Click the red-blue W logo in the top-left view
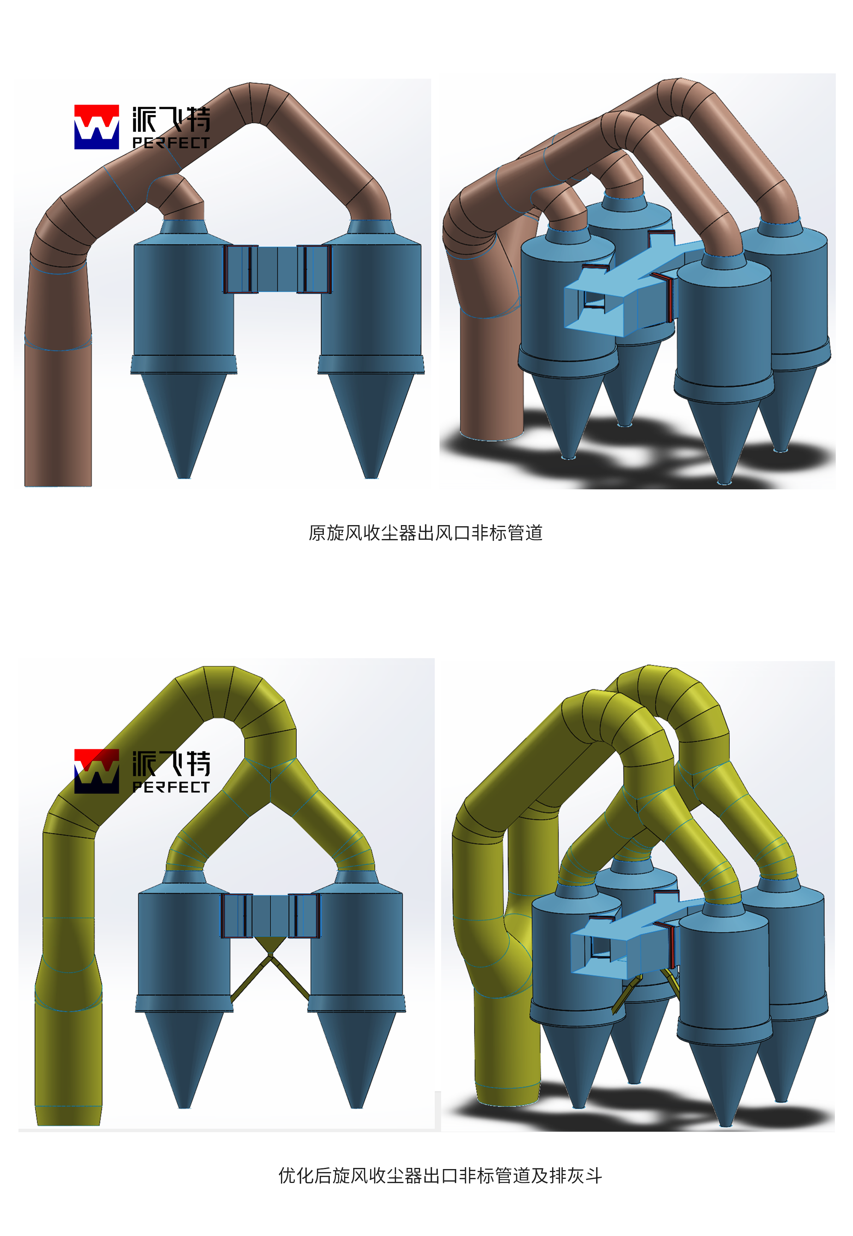click(x=97, y=127)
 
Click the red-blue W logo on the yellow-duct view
click(x=97, y=771)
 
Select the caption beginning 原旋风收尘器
click(x=425, y=533)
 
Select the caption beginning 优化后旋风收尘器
click(x=440, y=1175)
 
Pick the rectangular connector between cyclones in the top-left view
click(x=277, y=269)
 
